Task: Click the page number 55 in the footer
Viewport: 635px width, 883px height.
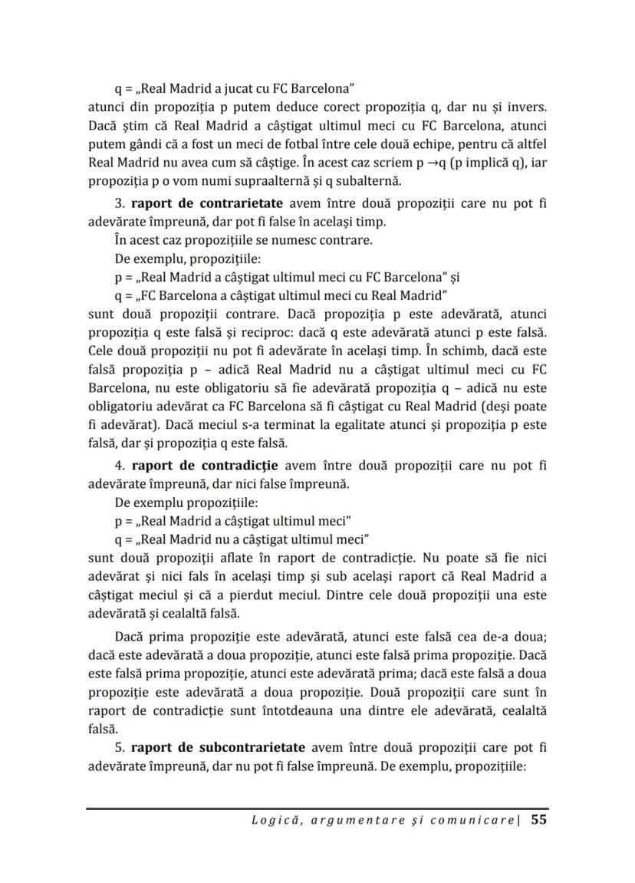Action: pyautogui.click(x=538, y=819)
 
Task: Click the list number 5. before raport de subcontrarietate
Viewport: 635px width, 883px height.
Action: pyautogui.click(x=120, y=746)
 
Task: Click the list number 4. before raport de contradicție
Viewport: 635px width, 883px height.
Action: pyautogui.click(x=120, y=465)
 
